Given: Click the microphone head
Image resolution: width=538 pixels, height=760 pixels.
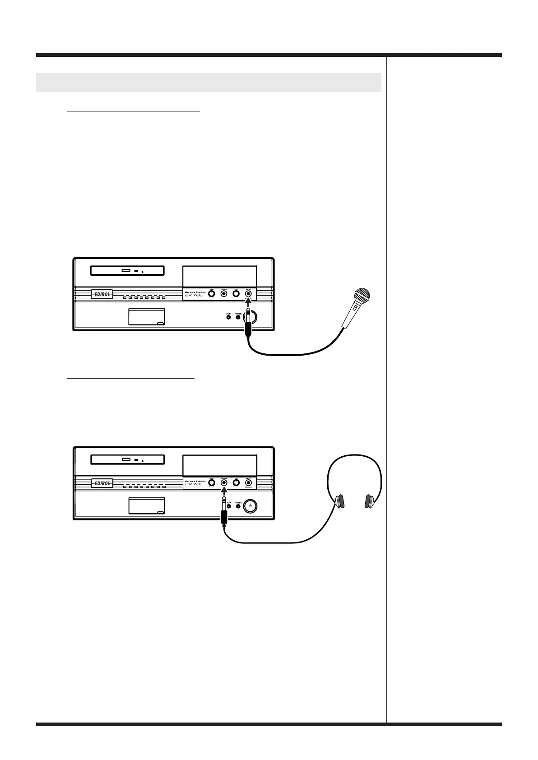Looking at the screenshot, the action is pyautogui.click(x=362, y=297).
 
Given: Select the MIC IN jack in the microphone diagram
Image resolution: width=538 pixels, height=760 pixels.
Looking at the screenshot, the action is pyautogui.click(x=248, y=294).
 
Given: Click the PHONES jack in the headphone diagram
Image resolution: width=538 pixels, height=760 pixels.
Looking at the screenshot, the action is pyautogui.click(x=223, y=483).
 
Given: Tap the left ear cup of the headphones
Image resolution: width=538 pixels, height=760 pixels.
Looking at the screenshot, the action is pyautogui.click(x=339, y=501).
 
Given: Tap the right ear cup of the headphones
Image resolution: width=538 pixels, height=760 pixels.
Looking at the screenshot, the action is pyautogui.click(x=370, y=501).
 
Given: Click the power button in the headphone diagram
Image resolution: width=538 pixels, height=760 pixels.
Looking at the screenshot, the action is pyautogui.click(x=250, y=506).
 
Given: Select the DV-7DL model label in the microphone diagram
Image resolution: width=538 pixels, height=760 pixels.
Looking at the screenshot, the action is pyautogui.click(x=195, y=296).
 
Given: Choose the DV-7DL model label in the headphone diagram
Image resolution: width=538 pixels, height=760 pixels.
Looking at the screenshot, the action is pyautogui.click(x=195, y=485).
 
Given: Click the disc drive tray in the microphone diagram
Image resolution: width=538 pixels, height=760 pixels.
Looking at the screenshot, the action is pyautogui.click(x=127, y=271).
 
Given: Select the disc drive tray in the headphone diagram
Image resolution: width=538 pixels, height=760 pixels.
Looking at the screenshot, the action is pyautogui.click(x=127, y=460).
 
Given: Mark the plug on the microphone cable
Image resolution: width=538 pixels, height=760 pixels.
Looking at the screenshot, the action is pyautogui.click(x=248, y=326).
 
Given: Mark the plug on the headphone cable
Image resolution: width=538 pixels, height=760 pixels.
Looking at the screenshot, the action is pyautogui.click(x=223, y=514).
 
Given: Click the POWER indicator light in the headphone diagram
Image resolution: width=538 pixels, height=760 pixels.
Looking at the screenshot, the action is pyautogui.click(x=238, y=506).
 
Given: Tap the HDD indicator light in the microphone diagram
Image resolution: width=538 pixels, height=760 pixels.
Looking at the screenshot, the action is pyautogui.click(x=228, y=317).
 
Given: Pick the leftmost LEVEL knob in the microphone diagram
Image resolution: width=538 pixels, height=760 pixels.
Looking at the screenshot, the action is pyautogui.click(x=211, y=294).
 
